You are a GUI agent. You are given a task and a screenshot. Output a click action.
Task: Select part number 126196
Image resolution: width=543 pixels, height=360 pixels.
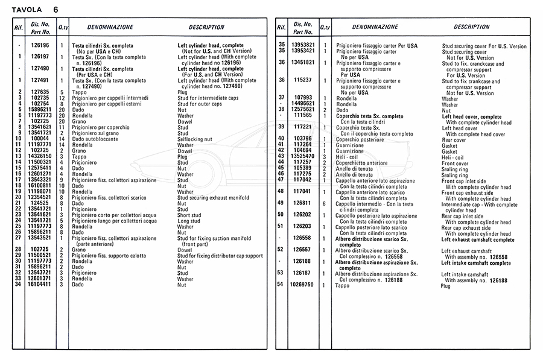(x=40, y=45)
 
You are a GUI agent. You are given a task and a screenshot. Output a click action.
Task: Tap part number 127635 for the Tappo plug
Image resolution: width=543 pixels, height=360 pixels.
(x=40, y=92)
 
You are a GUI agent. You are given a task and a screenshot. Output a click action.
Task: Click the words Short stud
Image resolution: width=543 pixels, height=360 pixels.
(x=189, y=215)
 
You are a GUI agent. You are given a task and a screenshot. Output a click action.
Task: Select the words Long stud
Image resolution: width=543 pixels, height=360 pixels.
(x=188, y=221)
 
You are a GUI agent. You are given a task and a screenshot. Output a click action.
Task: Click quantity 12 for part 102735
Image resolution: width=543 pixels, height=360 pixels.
(x=62, y=98)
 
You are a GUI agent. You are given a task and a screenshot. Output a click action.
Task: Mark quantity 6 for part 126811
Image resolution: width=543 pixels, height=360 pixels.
(x=325, y=203)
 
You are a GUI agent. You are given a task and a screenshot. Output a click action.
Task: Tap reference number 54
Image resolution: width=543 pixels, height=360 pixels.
(x=280, y=285)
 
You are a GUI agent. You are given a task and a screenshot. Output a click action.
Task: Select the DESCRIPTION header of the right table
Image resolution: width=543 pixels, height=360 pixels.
(x=471, y=27)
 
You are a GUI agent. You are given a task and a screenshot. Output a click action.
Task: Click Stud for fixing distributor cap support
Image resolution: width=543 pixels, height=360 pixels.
(x=220, y=256)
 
